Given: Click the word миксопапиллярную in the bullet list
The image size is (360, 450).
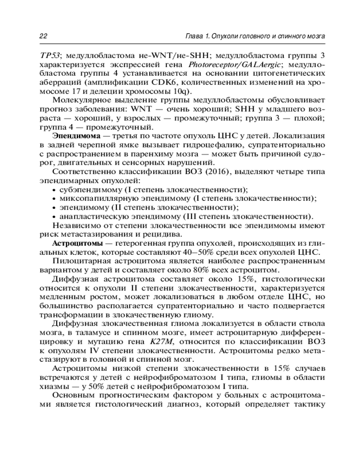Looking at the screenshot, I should (93, 198).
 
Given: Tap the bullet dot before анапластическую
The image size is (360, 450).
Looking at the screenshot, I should (54, 216).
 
